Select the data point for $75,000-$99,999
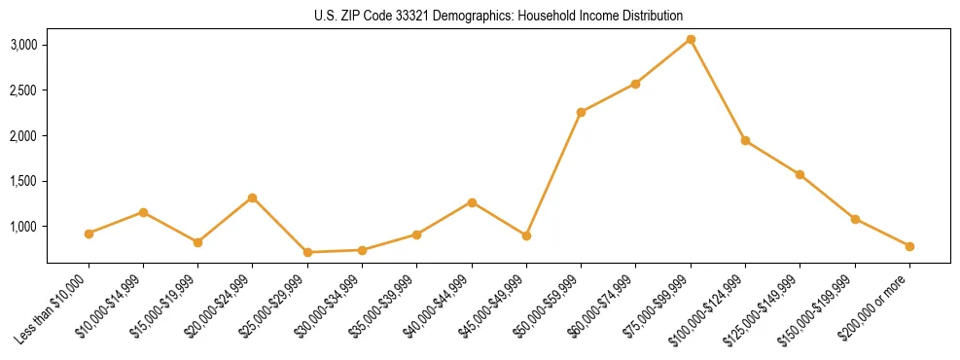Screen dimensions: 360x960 691,39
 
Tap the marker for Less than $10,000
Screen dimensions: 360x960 89,234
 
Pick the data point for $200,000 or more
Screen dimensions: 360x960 909,246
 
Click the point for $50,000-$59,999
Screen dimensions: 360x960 581,112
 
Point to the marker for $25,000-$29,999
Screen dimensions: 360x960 307,252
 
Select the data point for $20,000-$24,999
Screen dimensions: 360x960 253,198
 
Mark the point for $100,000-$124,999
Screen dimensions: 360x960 745,140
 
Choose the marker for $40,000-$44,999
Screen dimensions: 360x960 472,202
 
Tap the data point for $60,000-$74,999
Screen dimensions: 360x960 635,84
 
